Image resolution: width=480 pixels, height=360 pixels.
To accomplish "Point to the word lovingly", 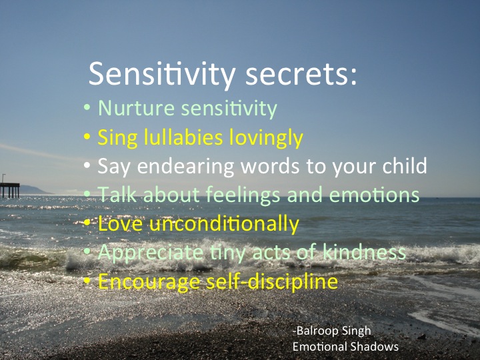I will (x=266, y=137).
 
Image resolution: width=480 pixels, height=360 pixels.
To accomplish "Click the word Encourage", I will (x=139, y=281).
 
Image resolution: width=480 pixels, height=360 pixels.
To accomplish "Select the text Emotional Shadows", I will (x=345, y=347).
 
